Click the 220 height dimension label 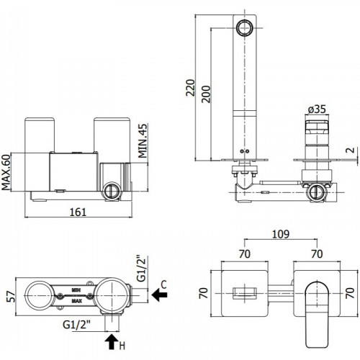(x=190, y=88)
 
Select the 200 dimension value (x=206, y=94)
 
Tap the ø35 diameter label (x=317, y=109)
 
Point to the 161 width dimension (x=78, y=212)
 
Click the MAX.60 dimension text (x=6, y=172)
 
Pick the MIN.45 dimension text (x=143, y=141)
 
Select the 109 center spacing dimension (x=281, y=234)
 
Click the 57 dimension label (x=11, y=297)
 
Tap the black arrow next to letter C (x=159, y=294)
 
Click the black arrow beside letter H (x=112, y=342)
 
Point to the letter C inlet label (x=163, y=284)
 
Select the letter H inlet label (x=122, y=346)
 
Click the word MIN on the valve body (x=76, y=290)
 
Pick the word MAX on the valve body (x=76, y=301)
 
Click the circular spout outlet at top (x=244, y=28)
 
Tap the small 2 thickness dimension (x=351, y=150)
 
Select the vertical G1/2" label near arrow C (x=141, y=269)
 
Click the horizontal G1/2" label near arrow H (x=77, y=325)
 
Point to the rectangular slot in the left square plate (x=245, y=293)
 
